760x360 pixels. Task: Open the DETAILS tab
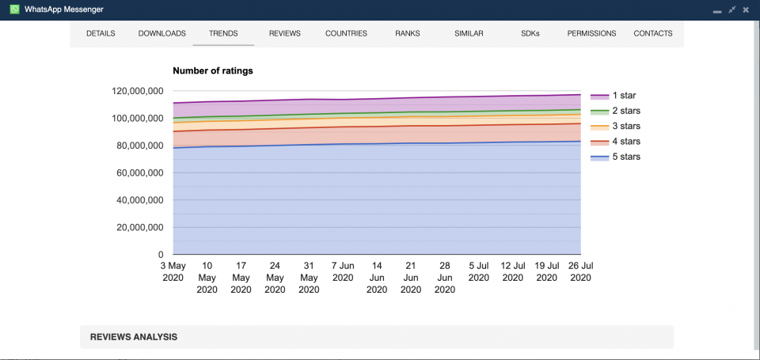pyautogui.click(x=101, y=34)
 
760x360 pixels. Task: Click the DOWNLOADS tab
pyautogui.click(x=161, y=34)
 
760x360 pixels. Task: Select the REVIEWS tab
pyautogui.click(x=284, y=34)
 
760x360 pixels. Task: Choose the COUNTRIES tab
pyautogui.click(x=346, y=34)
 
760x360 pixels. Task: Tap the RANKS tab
pyautogui.click(x=408, y=34)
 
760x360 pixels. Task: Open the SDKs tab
pyautogui.click(x=530, y=34)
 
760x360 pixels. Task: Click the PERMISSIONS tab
pyautogui.click(x=591, y=34)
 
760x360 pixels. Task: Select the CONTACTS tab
pyautogui.click(x=653, y=34)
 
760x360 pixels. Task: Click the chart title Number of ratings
pyautogui.click(x=213, y=71)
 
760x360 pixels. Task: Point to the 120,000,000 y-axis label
pyautogui.click(x=138, y=92)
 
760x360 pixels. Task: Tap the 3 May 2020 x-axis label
pyautogui.click(x=173, y=271)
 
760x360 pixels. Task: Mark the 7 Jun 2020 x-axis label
pyautogui.click(x=343, y=271)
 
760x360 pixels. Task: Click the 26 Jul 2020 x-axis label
pyautogui.click(x=580, y=271)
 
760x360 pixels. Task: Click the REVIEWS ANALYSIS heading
pyautogui.click(x=134, y=337)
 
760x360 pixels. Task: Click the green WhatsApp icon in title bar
pyautogui.click(x=14, y=9)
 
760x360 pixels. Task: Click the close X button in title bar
pyautogui.click(x=746, y=10)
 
